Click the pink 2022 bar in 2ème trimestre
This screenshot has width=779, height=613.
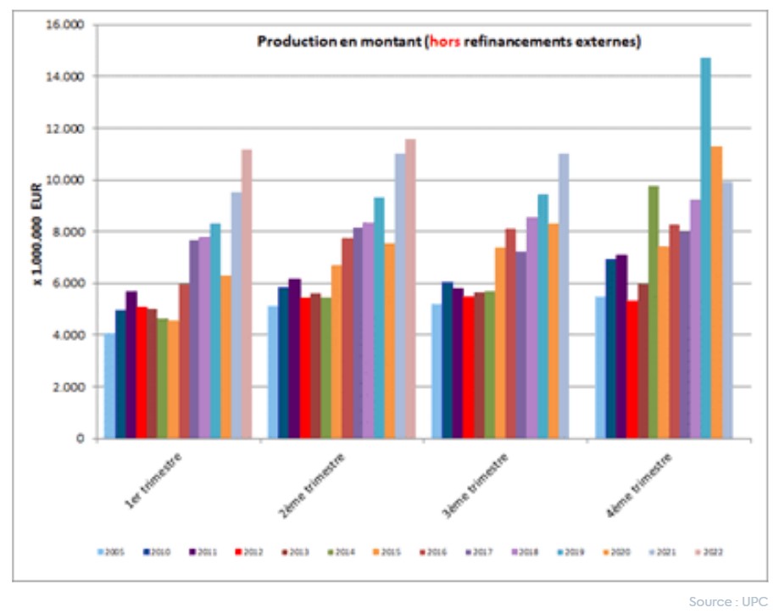pyautogui.click(x=410, y=288)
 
